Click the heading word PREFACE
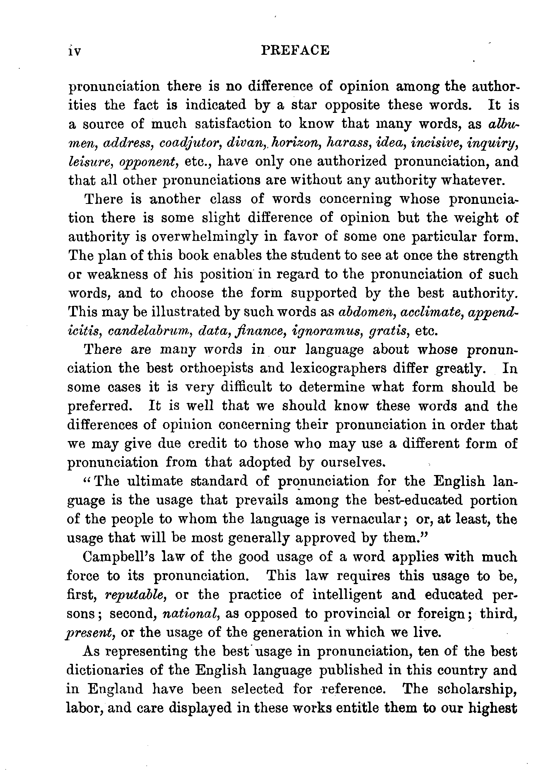tap(295, 50)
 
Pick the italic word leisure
tap(90, 162)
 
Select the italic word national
tap(191, 614)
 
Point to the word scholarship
tap(472, 689)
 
